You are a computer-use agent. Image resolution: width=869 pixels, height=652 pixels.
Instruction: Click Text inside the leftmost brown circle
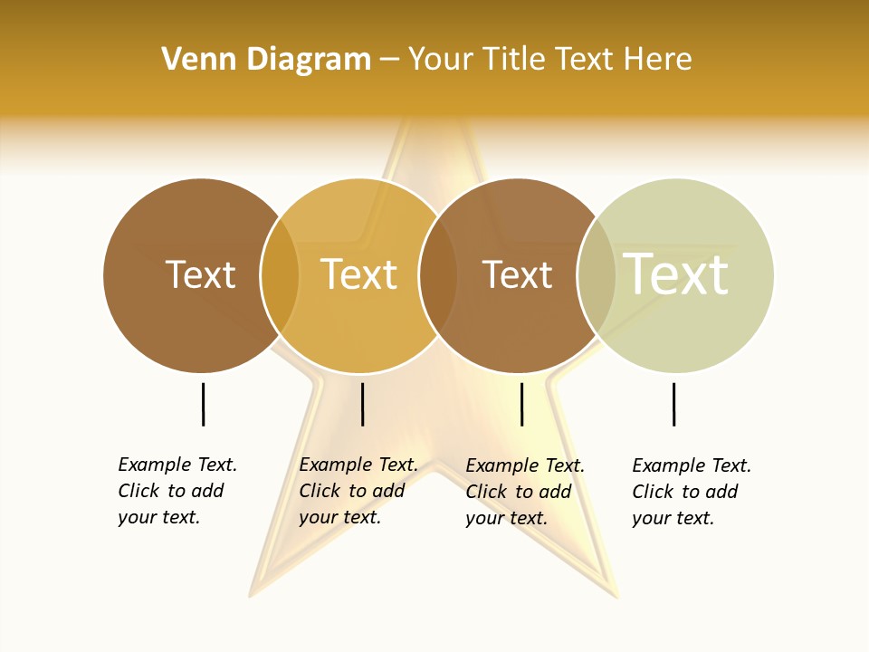click(x=200, y=274)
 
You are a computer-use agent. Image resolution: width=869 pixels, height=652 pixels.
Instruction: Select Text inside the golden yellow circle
click(x=358, y=274)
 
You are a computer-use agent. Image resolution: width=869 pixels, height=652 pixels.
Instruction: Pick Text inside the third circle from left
click(x=517, y=274)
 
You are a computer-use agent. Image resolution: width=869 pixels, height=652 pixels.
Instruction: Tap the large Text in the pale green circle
click(x=676, y=273)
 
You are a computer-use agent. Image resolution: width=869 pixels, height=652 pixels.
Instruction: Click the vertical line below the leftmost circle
click(x=204, y=404)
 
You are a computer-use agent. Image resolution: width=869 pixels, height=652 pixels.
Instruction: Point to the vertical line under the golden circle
click(x=362, y=404)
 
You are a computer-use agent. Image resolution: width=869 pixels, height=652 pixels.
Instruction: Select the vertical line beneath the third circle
click(x=521, y=404)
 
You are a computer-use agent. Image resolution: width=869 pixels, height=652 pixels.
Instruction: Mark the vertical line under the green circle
click(x=673, y=404)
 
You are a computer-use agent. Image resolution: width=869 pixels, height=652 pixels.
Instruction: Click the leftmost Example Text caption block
click(x=177, y=491)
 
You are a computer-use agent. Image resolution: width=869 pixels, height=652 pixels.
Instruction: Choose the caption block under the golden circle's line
click(x=358, y=491)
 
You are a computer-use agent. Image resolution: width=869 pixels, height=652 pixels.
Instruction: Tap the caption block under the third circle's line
click(x=525, y=492)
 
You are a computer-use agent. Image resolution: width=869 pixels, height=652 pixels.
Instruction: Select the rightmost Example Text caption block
click(x=692, y=492)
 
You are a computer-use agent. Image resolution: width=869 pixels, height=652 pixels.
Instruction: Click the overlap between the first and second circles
click(x=281, y=275)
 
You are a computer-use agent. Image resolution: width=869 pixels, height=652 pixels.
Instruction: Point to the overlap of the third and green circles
click(x=597, y=275)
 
